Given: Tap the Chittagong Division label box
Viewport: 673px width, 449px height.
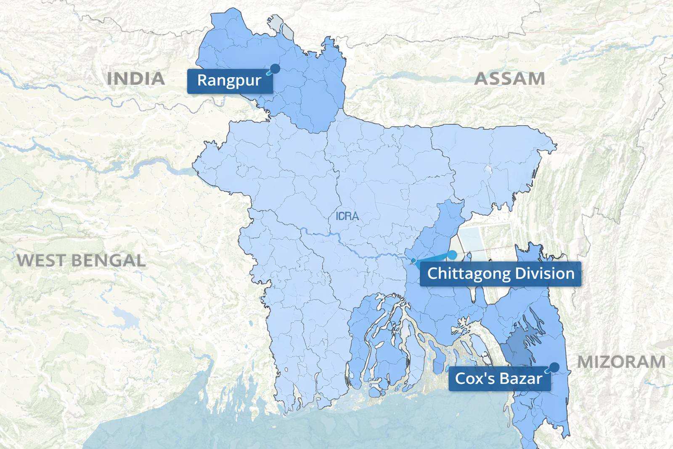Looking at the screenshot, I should pyautogui.click(x=500, y=274).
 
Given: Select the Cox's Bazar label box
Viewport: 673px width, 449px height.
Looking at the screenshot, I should pyautogui.click(x=499, y=379).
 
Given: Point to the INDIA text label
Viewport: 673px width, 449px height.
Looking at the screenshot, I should pyautogui.click(x=135, y=79).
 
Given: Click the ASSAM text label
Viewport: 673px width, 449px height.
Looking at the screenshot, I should pyautogui.click(x=509, y=79).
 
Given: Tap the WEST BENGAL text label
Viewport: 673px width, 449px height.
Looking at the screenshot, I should pyautogui.click(x=81, y=260).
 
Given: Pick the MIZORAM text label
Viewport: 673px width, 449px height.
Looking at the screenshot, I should pyautogui.click(x=621, y=362).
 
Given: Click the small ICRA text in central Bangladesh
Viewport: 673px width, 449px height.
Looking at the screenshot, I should pyautogui.click(x=347, y=216).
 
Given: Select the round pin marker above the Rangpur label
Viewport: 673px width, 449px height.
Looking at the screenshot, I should pyautogui.click(x=275, y=68).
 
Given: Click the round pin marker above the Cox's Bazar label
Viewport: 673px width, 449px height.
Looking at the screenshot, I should pyautogui.click(x=555, y=367).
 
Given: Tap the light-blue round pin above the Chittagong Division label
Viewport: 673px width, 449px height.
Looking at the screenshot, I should pyautogui.click(x=452, y=255).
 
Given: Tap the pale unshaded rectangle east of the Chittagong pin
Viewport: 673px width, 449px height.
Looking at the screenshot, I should pyautogui.click(x=473, y=242).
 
